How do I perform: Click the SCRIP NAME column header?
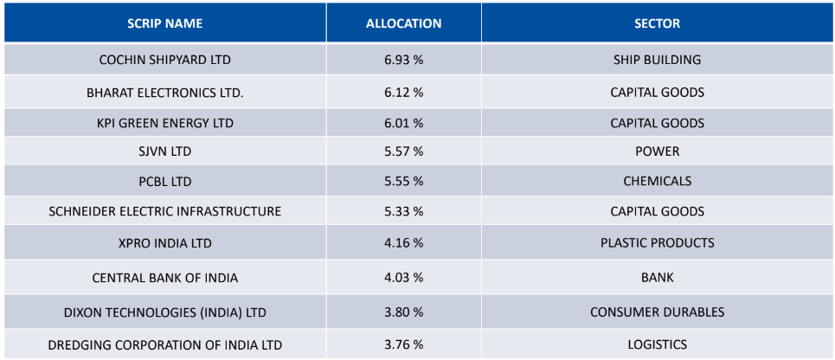tap(164, 23)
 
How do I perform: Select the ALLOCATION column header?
tap(403, 23)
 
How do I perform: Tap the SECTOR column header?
tap(657, 23)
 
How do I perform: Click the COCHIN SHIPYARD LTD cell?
tap(164, 60)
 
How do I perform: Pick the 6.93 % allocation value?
tap(403, 60)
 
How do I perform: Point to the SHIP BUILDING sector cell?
tap(657, 60)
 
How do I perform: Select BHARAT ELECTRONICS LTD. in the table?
tap(164, 92)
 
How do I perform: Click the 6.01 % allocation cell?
tap(403, 123)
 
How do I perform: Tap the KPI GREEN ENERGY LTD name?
tap(164, 123)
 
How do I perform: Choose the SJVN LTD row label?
tap(164, 151)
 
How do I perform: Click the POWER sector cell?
tap(657, 151)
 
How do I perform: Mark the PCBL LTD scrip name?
tap(164, 181)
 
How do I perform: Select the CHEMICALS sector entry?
tap(657, 181)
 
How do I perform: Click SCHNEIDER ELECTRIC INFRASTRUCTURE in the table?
tap(164, 211)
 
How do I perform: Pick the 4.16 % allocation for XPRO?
tap(403, 242)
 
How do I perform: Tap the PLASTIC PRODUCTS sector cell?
tap(657, 242)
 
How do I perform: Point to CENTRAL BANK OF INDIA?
tap(164, 278)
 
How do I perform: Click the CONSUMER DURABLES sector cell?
tap(657, 312)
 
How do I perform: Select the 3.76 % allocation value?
tap(403, 344)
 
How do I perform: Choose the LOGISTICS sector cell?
tap(657, 344)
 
